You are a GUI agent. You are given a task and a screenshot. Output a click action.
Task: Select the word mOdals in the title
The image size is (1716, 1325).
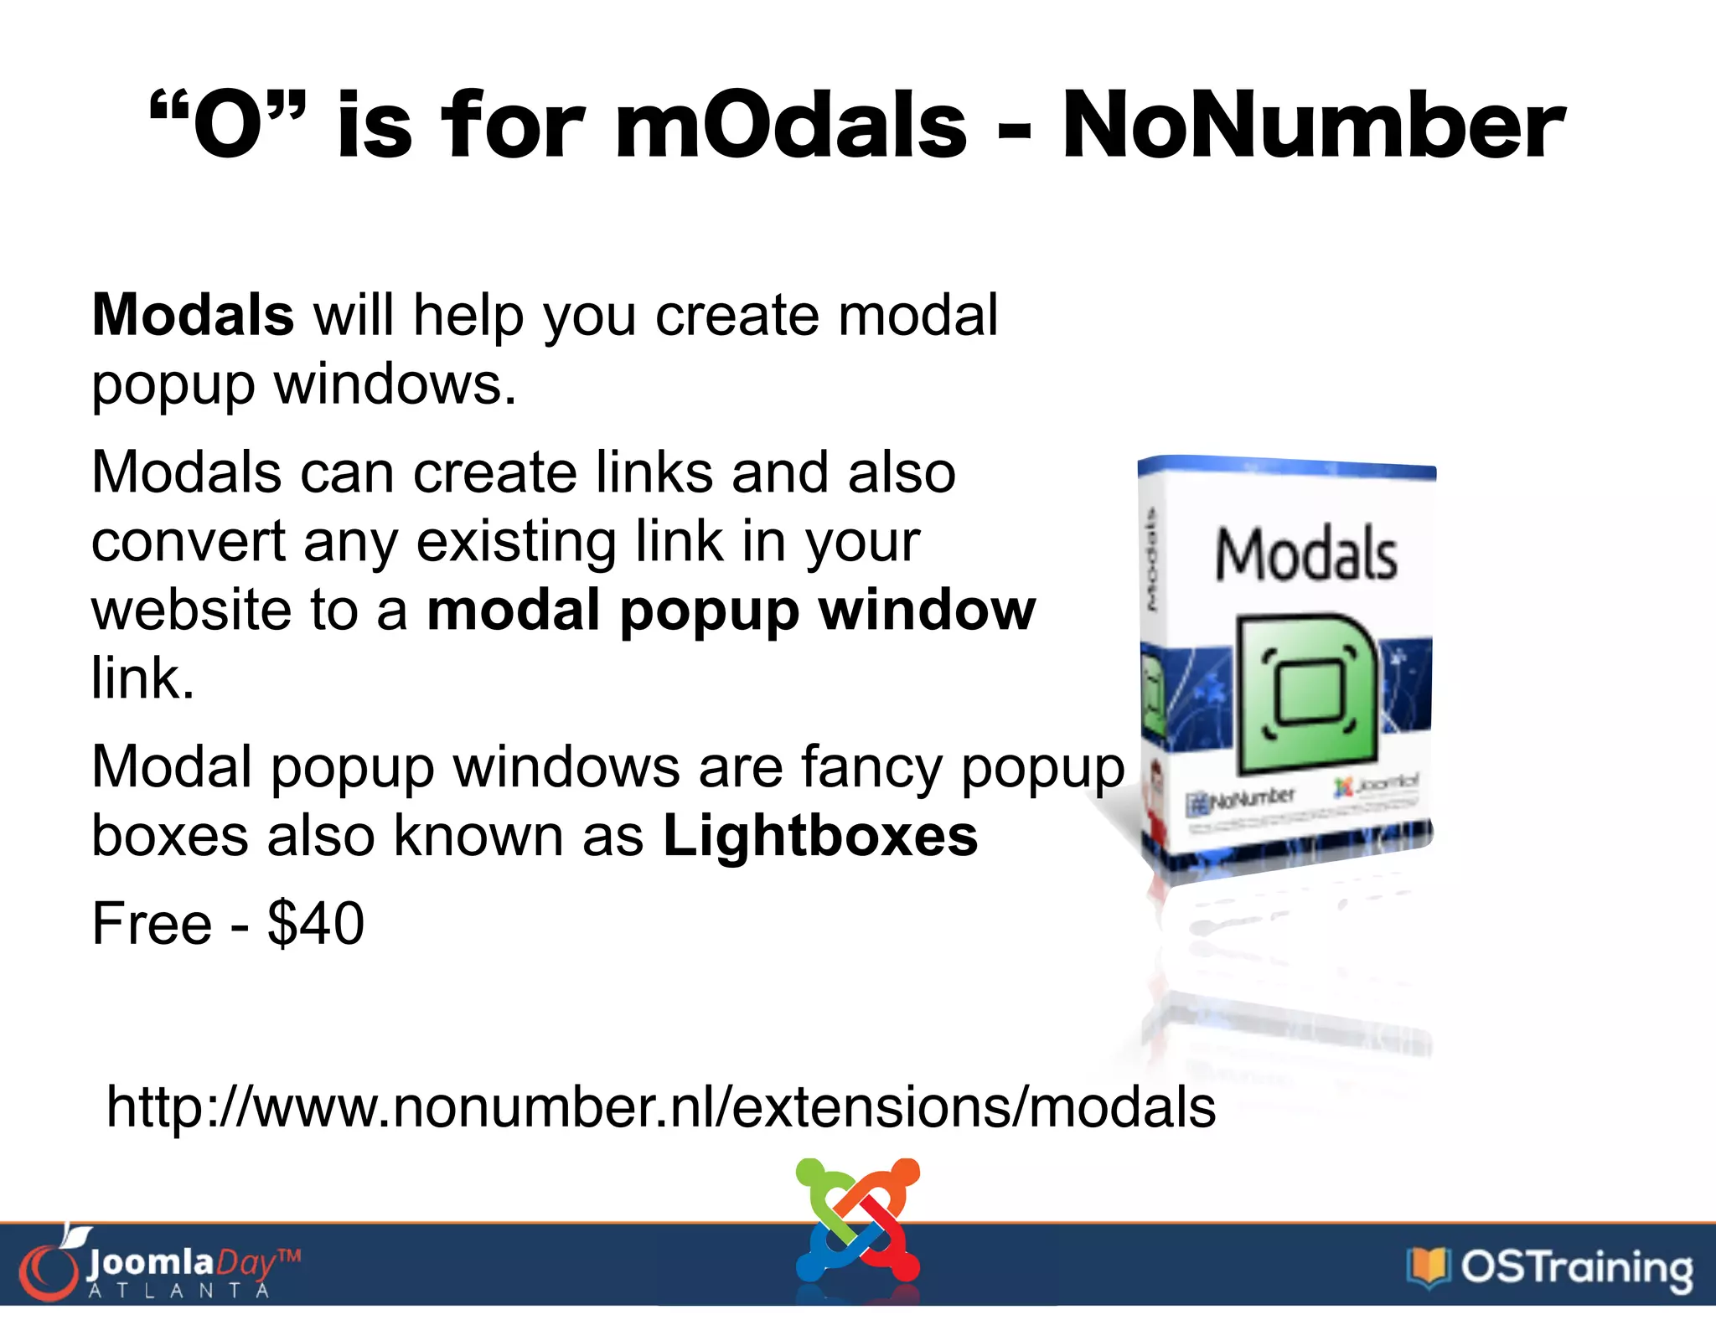[791, 126]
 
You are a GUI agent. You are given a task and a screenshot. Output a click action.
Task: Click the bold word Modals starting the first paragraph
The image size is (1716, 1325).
[193, 316]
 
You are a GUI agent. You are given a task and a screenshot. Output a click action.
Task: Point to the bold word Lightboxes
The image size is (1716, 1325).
[820, 836]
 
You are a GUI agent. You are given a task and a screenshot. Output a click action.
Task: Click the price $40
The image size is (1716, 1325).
[316, 924]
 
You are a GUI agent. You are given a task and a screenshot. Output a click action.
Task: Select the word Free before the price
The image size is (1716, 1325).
[152, 924]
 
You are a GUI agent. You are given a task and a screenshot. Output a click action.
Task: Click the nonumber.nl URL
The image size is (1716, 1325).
[661, 1107]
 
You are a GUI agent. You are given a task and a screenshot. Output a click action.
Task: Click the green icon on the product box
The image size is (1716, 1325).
[1305, 693]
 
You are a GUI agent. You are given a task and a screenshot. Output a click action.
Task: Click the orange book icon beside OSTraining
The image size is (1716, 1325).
[1428, 1266]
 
